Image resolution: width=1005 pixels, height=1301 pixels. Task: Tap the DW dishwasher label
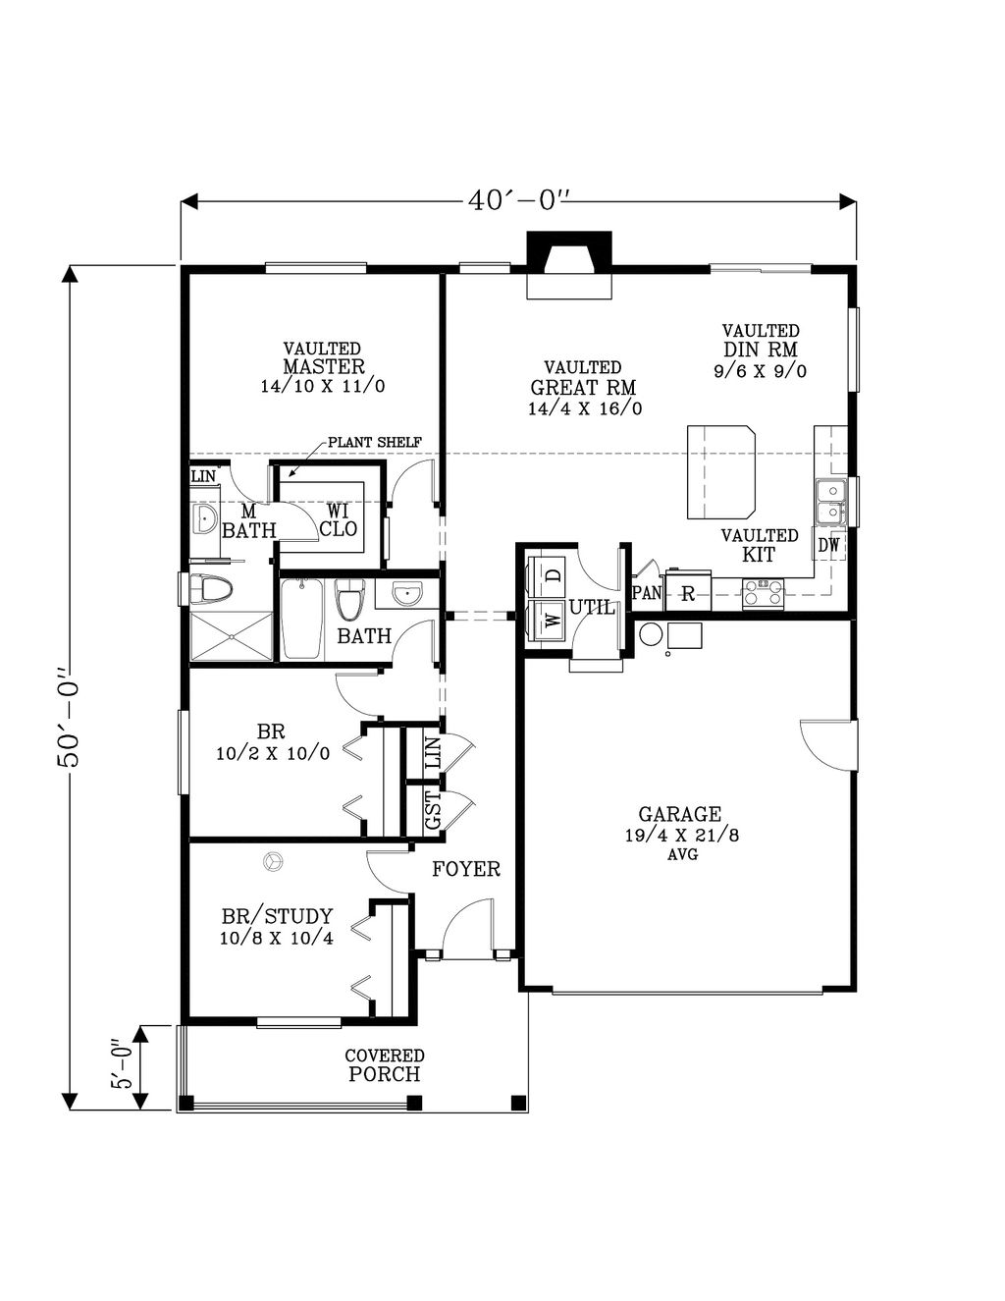(828, 545)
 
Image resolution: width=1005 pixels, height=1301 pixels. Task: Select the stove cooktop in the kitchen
(763, 594)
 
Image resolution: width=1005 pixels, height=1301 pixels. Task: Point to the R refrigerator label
(688, 594)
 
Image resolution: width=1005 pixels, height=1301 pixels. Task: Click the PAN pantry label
(647, 593)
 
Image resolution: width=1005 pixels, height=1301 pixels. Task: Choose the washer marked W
(546, 619)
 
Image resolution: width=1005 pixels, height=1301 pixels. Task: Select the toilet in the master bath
(211, 591)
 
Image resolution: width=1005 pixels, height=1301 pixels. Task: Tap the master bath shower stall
(231, 636)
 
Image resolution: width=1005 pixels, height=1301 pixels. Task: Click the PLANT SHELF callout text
(375, 443)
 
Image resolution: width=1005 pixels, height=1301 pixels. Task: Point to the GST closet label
(433, 810)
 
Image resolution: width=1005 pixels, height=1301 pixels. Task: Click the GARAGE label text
(680, 814)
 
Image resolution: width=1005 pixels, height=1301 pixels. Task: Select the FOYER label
(466, 869)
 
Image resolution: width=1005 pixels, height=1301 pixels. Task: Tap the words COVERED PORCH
(385, 1065)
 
